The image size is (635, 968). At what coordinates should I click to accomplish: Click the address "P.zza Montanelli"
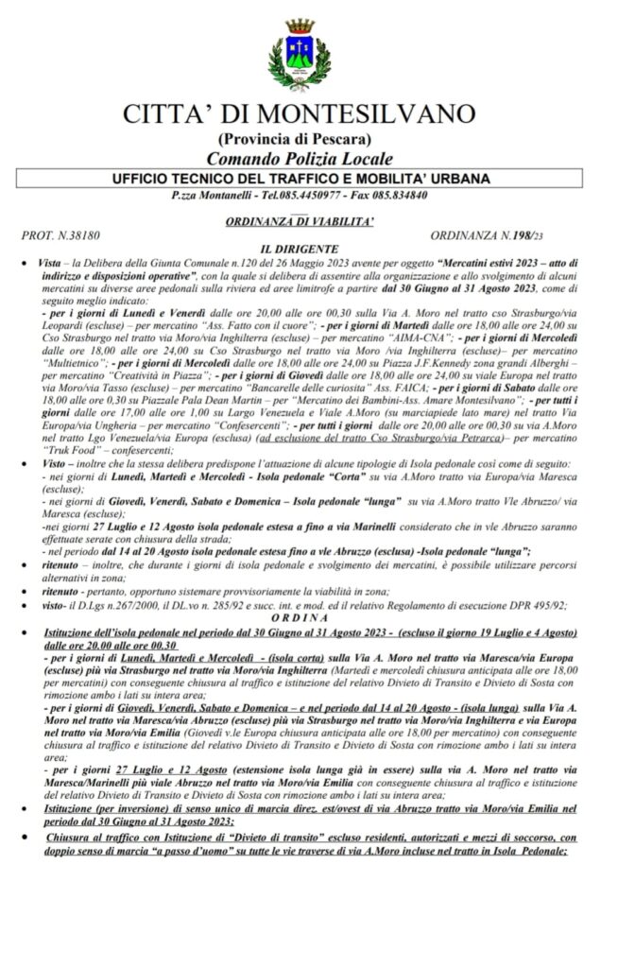215,196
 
